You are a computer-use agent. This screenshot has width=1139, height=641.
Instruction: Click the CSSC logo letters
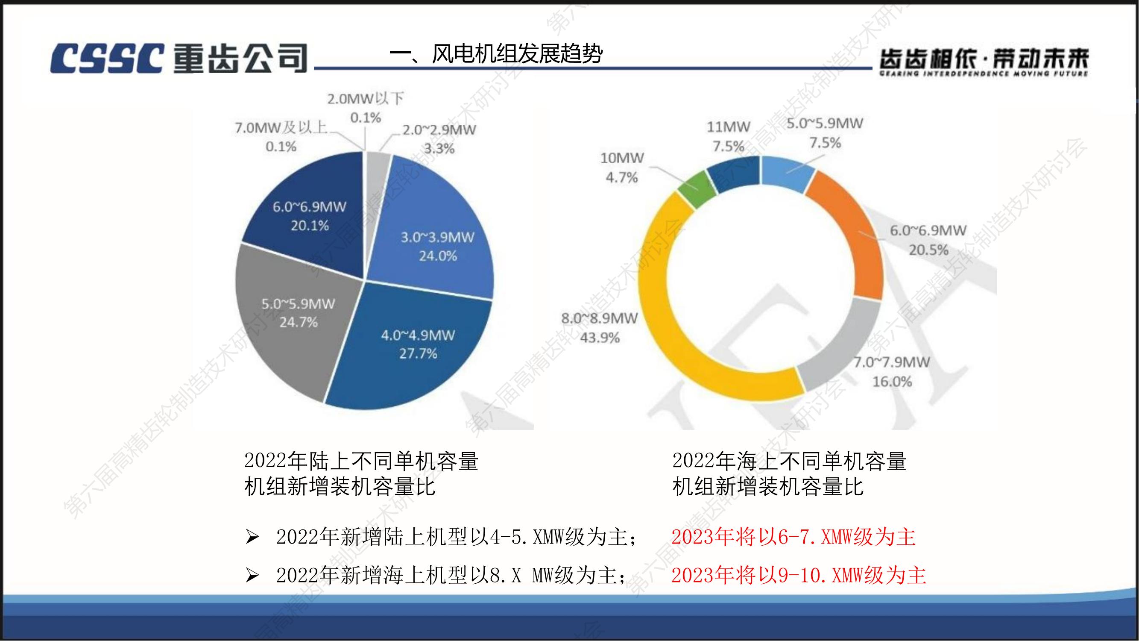pyautogui.click(x=106, y=59)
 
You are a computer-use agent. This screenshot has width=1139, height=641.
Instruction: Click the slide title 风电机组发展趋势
pyautogui.click(x=496, y=54)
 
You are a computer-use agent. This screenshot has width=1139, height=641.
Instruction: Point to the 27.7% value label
pyautogui.click(x=418, y=354)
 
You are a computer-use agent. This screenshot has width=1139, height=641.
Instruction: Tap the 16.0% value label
pyautogui.click(x=892, y=382)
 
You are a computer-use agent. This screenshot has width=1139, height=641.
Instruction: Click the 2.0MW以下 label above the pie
pyautogui.click(x=365, y=98)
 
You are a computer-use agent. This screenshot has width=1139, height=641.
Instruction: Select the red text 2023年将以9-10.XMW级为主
pyautogui.click(x=798, y=576)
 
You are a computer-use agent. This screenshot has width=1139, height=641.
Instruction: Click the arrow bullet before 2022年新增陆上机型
pyautogui.click(x=252, y=537)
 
